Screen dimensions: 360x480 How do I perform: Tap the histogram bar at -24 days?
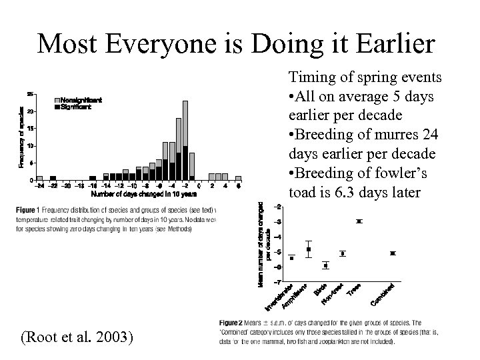[39, 178]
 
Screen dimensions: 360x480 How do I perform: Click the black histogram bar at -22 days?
[53, 178]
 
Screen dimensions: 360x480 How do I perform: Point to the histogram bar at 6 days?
[238, 177]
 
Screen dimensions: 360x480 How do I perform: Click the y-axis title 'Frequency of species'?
[21, 137]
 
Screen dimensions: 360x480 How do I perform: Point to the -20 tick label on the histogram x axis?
[67, 186]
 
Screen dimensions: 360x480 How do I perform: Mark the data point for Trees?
[359, 221]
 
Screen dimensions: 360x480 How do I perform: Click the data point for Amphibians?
[309, 249]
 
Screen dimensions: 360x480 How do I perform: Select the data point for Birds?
[325, 265]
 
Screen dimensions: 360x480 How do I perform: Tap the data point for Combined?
[393, 253]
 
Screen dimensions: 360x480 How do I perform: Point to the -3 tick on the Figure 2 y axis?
[277, 221]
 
